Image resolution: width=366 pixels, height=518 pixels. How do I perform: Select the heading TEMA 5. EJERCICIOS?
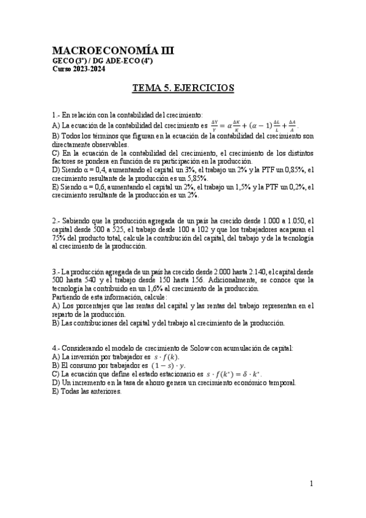(x=183, y=88)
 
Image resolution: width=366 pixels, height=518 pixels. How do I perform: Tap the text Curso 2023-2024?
(x=78, y=69)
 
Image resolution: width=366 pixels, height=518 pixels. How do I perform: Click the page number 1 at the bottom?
(x=312, y=484)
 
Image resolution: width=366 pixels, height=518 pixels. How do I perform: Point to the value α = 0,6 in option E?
(x=98, y=187)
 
